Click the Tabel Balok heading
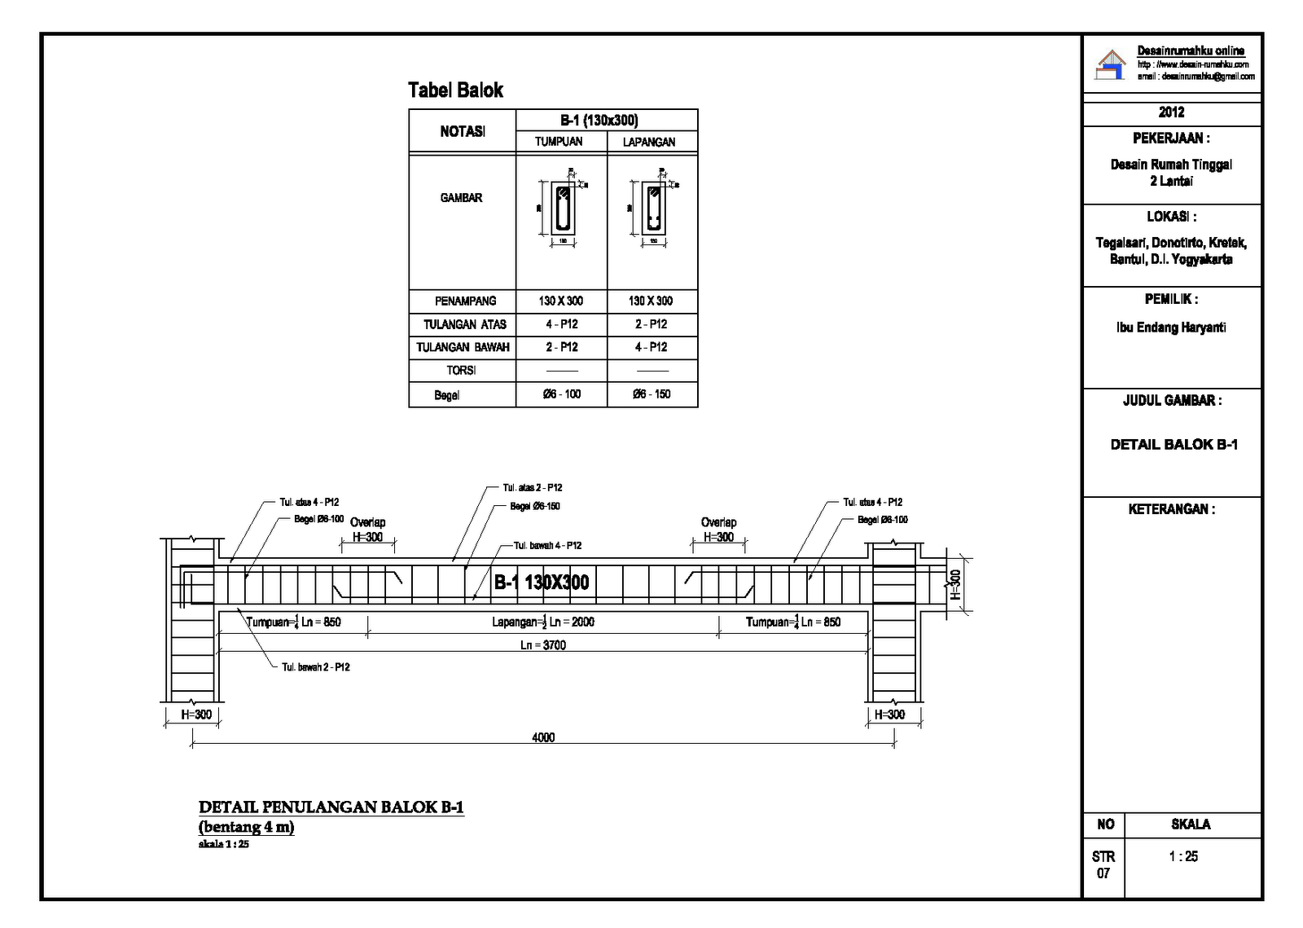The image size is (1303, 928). click(x=455, y=90)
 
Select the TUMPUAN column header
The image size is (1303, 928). click(x=559, y=142)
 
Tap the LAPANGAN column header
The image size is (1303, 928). click(x=649, y=142)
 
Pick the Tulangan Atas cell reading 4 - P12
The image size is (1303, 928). click(x=561, y=324)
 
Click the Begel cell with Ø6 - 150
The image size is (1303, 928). click(x=651, y=394)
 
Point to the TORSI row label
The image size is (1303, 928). click(x=461, y=371)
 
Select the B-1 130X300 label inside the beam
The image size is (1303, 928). click(x=542, y=583)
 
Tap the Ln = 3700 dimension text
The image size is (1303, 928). click(x=543, y=645)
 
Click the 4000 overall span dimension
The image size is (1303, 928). click(x=543, y=738)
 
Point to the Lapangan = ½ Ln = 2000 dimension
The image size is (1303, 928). click(x=543, y=622)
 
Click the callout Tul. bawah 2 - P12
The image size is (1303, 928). click(x=316, y=667)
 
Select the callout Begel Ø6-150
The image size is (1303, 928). click(x=535, y=507)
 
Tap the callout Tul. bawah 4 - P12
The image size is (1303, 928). click(x=547, y=546)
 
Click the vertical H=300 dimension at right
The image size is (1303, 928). click(x=956, y=584)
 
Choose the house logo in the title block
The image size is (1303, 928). click(x=1111, y=65)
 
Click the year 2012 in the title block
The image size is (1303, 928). click(x=1171, y=112)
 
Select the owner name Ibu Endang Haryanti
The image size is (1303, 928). click(x=1171, y=328)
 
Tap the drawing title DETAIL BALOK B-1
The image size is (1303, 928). click(x=1174, y=445)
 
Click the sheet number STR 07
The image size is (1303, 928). click(x=1103, y=865)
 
